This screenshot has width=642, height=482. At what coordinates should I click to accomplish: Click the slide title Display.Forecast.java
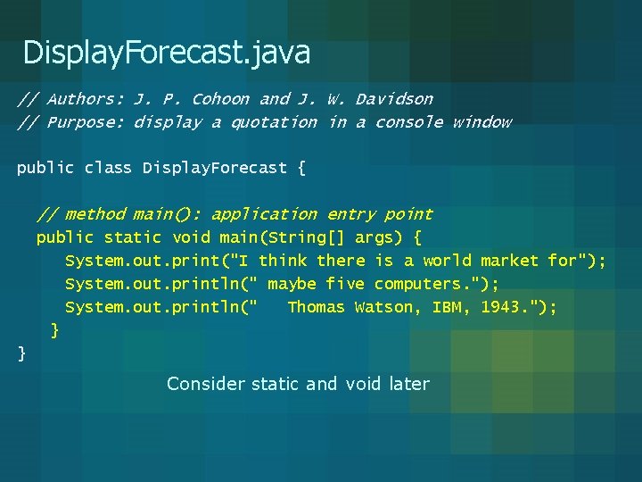167,54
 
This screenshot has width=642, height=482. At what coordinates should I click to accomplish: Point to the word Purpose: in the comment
86,122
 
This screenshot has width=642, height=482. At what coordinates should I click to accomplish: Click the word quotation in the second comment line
274,122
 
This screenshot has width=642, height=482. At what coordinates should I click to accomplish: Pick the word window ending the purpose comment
481,122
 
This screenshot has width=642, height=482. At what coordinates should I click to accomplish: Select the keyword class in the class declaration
109,168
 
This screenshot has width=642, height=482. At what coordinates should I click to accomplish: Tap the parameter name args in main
374,237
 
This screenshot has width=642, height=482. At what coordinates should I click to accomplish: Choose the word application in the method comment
264,214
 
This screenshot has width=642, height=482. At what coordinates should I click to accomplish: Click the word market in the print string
509,261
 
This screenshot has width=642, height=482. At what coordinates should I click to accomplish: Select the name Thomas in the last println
316,307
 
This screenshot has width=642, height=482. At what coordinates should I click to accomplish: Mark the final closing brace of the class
22,354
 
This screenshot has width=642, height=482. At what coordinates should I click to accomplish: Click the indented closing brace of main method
55,331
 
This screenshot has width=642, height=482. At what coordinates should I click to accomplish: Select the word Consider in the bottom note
206,384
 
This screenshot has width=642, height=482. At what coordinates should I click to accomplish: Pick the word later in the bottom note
409,384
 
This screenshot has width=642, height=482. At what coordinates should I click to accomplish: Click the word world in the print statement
447,261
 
